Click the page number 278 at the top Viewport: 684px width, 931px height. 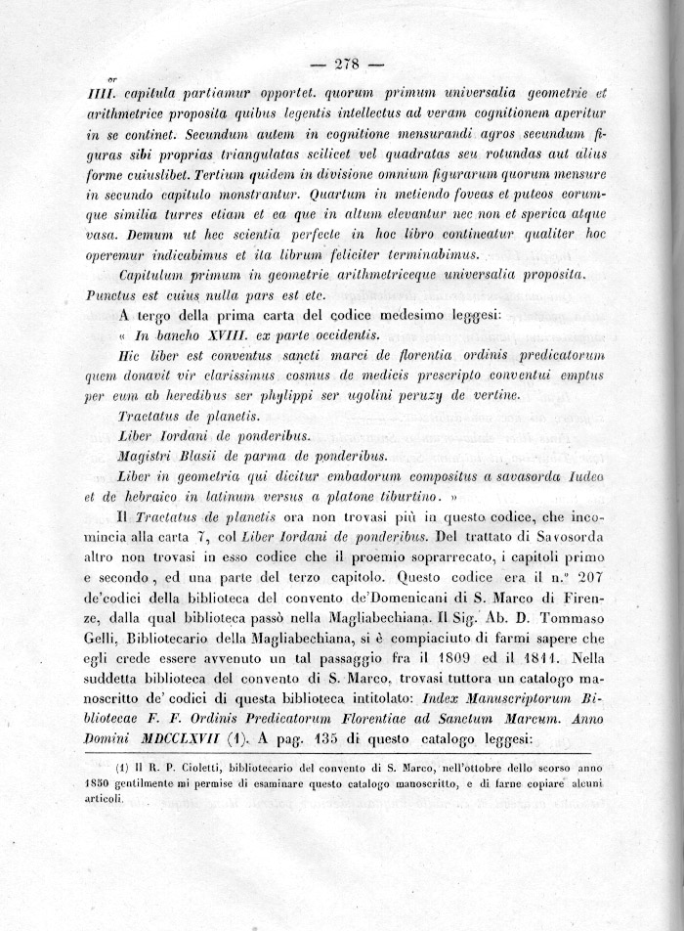(x=347, y=66)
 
